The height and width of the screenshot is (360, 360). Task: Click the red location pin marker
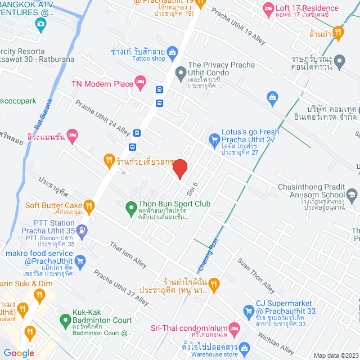click(x=179, y=168)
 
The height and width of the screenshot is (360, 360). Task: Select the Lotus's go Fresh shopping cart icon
click(x=214, y=138)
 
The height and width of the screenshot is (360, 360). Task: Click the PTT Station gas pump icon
click(x=82, y=229)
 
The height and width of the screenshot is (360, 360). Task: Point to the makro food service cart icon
click(x=80, y=260)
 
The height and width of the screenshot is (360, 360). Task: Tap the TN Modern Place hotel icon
click(x=141, y=84)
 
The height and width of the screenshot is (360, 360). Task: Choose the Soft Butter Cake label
click(x=54, y=205)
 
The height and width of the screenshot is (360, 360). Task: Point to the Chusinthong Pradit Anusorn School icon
click(x=352, y=195)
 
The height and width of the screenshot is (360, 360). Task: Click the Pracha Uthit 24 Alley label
click(x=103, y=118)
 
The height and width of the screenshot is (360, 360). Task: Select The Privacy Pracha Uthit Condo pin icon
click(x=181, y=72)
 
